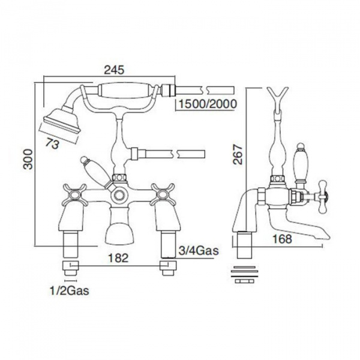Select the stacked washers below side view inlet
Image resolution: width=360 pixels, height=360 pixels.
(245, 273)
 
